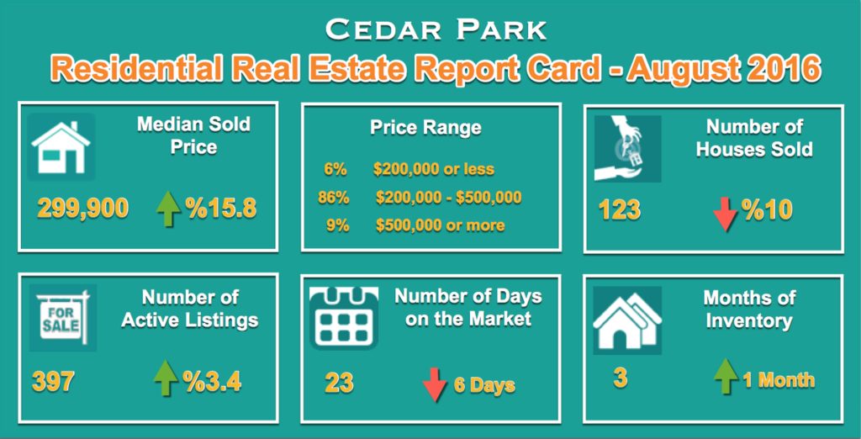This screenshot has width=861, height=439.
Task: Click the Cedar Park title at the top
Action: click(x=436, y=29)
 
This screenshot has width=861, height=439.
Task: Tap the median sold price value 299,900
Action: click(x=83, y=209)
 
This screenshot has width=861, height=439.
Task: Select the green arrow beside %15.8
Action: click(x=168, y=209)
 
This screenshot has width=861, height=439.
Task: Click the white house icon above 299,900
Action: click(x=61, y=146)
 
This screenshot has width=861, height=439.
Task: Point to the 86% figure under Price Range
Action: click(x=333, y=198)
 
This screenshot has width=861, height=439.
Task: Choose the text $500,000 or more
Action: click(x=441, y=225)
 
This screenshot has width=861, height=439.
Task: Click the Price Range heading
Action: click(x=425, y=128)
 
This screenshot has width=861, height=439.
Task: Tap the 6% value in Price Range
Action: click(x=335, y=169)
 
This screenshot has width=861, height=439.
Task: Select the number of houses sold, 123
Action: click(x=620, y=210)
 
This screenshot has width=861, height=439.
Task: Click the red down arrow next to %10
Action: click(x=726, y=212)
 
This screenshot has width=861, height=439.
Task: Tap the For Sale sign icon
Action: click(x=62, y=318)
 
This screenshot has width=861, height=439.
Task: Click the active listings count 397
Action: click(x=53, y=381)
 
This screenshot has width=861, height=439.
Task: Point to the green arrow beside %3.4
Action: click(x=166, y=378)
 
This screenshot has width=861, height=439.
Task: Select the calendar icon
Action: click(x=343, y=318)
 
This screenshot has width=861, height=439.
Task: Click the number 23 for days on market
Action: click(x=339, y=383)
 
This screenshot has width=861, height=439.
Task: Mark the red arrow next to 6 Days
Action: click(x=435, y=384)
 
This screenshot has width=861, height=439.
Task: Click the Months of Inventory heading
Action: click(x=749, y=309)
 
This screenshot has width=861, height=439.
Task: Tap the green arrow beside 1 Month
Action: click(x=726, y=377)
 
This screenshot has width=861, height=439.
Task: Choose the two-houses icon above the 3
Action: click(x=626, y=321)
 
